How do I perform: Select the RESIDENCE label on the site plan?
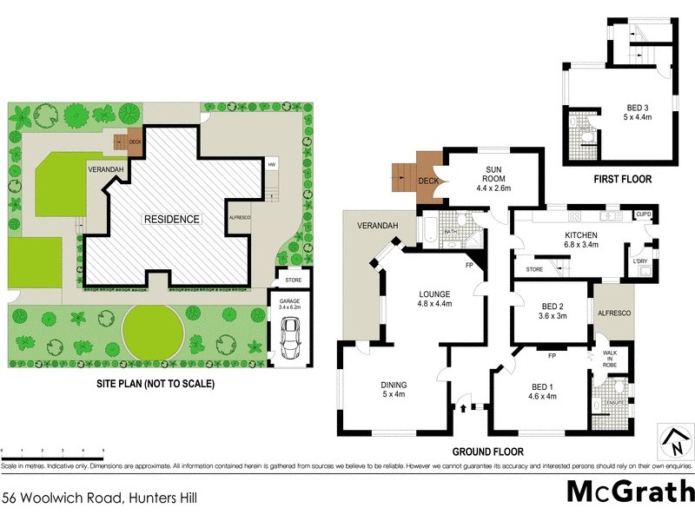point(172,219)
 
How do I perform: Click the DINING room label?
point(393,391)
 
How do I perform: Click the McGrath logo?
point(630,491)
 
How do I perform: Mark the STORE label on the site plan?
point(293,280)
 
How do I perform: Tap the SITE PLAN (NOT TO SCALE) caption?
point(155,383)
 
